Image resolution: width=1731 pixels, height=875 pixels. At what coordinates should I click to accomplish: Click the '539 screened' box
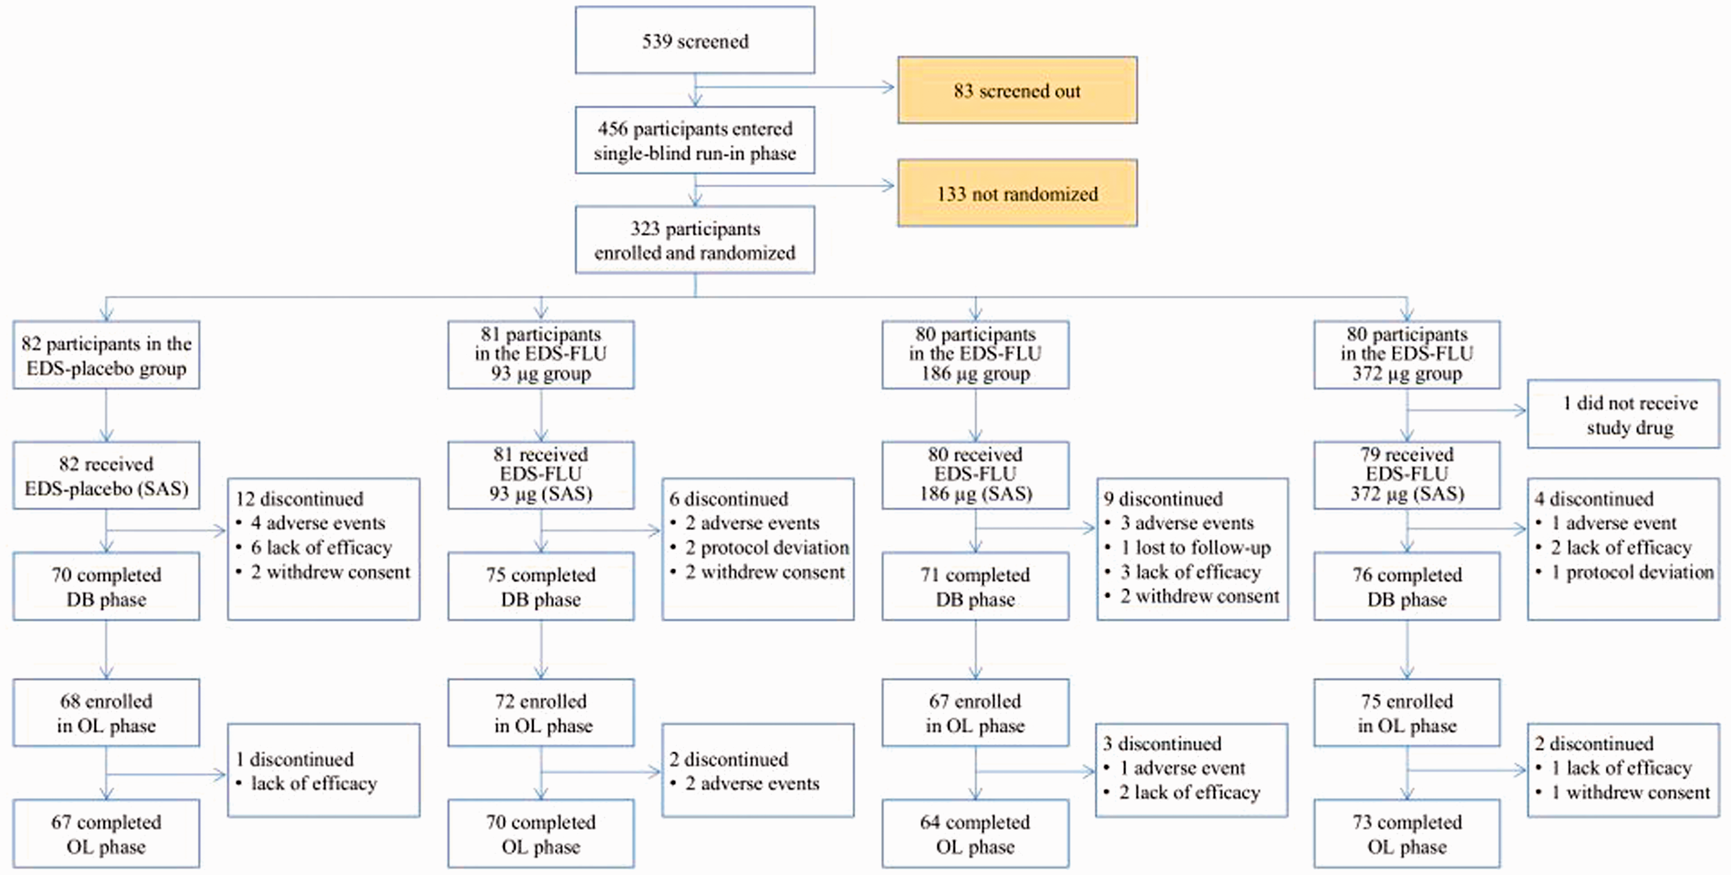pyautogui.click(x=695, y=40)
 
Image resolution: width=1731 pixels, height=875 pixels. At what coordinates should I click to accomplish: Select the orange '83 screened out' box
pyautogui.click(x=1017, y=90)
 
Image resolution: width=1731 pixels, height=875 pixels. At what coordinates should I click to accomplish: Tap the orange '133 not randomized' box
pyautogui.click(x=1017, y=193)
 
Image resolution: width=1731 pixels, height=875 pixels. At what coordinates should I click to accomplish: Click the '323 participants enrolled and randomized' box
pyautogui.click(x=695, y=240)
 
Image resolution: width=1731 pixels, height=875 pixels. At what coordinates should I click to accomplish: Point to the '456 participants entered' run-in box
pyautogui.click(x=695, y=140)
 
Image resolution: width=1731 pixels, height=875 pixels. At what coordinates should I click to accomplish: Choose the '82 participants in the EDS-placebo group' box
pyautogui.click(x=106, y=355)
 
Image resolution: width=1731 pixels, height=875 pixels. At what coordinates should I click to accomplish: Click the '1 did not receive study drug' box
pyautogui.click(x=1623, y=414)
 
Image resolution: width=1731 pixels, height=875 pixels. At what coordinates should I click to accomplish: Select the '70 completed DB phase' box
pyautogui.click(x=106, y=586)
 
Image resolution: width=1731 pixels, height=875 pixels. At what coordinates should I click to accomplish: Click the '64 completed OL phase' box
pyautogui.click(x=975, y=834)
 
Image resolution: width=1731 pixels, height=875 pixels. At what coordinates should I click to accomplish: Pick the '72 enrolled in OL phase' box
pyautogui.click(x=541, y=712)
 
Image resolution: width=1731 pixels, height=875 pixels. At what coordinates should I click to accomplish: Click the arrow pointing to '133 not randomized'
pyautogui.click(x=794, y=185)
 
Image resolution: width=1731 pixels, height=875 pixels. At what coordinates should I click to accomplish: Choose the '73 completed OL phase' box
pyautogui.click(x=1407, y=834)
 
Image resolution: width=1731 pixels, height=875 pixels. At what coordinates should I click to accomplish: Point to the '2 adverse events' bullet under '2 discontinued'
pyautogui.click(x=744, y=783)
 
